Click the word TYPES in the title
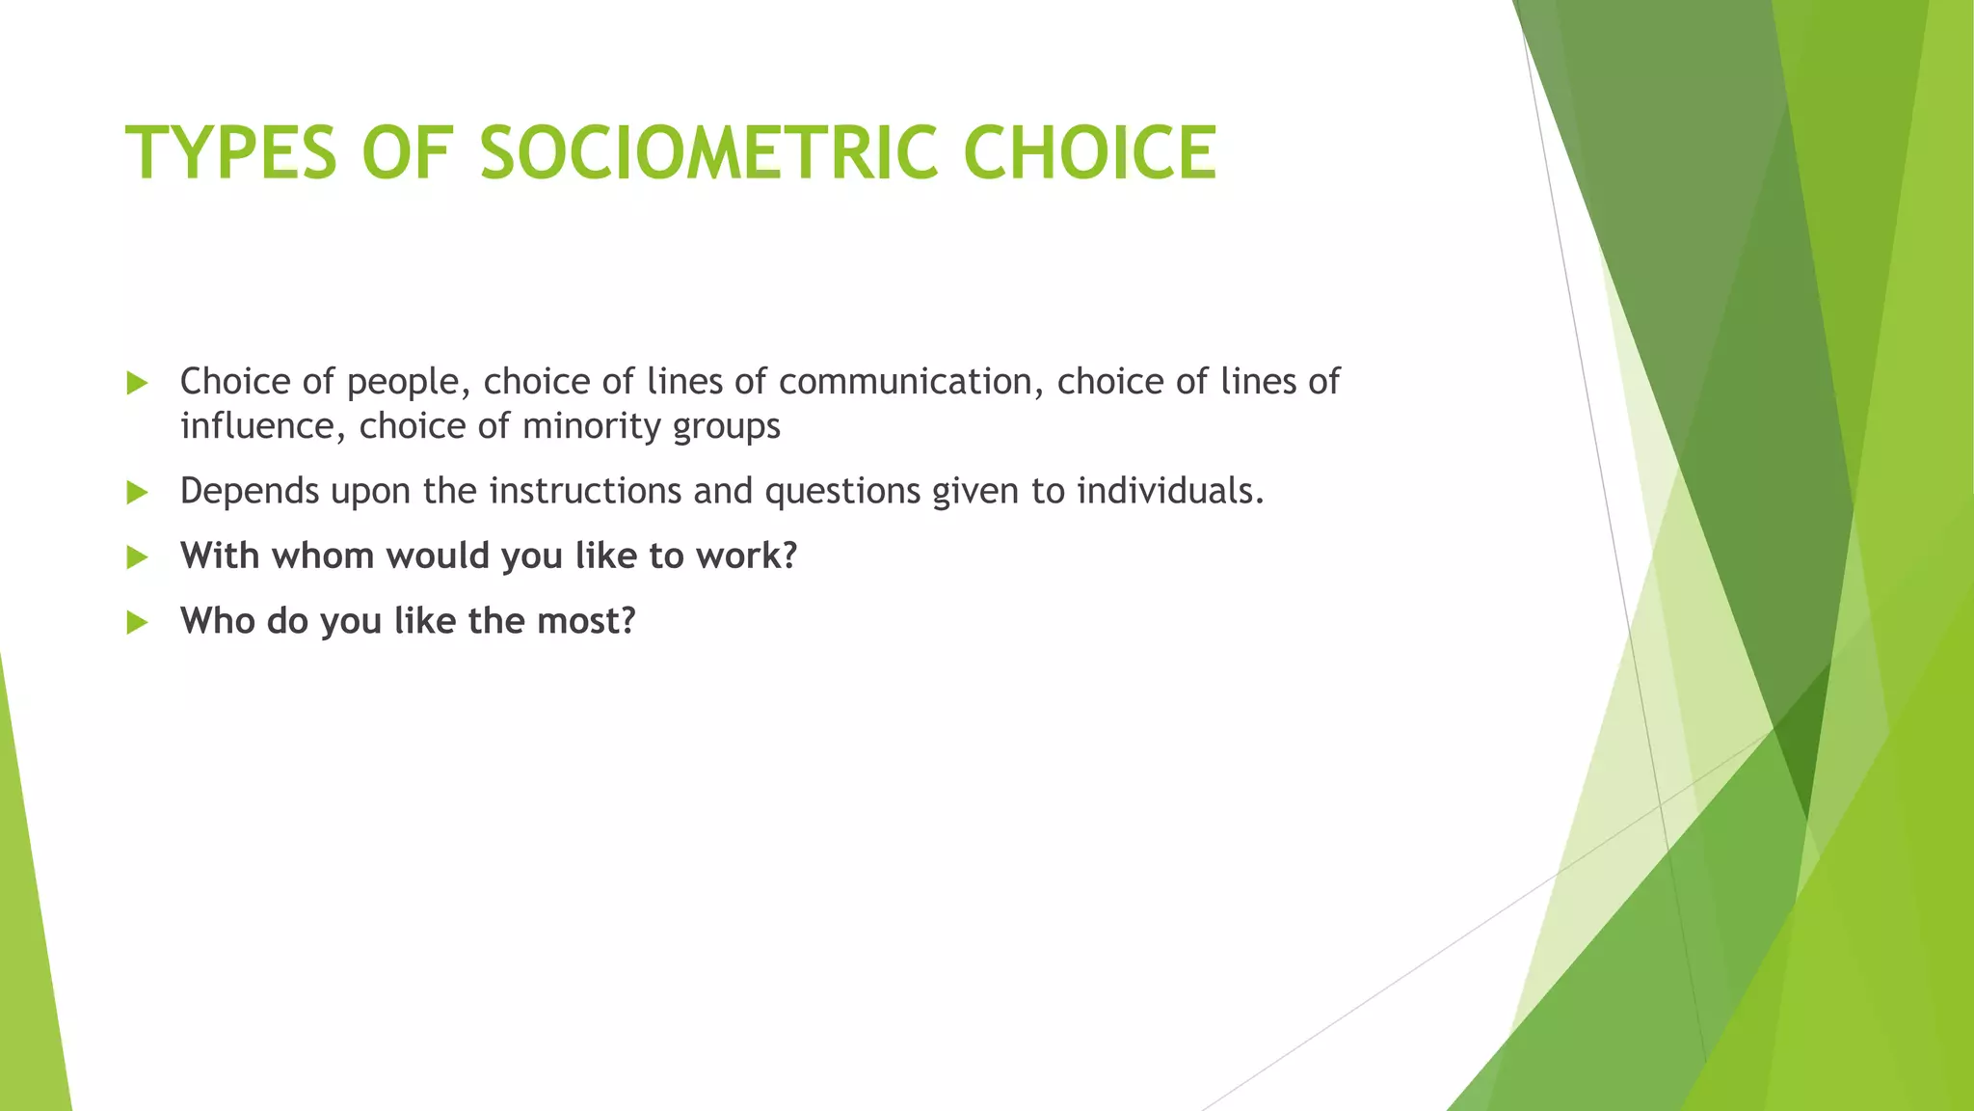[231, 152]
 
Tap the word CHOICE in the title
[1089, 152]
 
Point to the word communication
[911, 382]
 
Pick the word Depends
[249, 492]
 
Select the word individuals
[1169, 491]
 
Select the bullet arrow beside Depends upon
[137, 493]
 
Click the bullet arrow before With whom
[137, 557]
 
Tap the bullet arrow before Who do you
[137, 622]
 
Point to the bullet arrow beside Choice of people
[137, 384]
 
